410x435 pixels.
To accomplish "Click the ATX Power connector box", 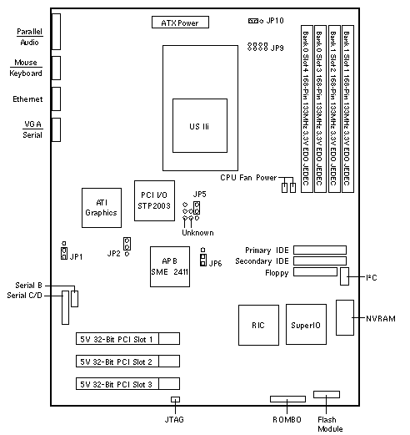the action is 180,23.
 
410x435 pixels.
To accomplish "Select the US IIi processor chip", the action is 200,125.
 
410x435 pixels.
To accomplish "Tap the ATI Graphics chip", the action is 102,208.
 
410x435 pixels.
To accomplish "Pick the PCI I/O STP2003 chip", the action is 154,201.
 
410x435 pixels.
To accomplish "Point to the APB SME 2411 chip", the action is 170,266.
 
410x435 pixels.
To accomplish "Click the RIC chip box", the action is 258,325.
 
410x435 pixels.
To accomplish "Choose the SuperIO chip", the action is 306,325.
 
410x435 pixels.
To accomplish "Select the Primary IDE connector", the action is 320,250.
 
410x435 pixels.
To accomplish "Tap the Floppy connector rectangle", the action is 315,272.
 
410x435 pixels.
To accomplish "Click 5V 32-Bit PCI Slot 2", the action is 127,362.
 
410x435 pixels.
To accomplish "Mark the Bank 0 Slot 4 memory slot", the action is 307,109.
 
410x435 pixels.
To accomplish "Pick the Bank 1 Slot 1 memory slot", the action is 347,109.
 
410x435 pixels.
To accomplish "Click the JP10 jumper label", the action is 275,21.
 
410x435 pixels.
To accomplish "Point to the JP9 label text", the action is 277,48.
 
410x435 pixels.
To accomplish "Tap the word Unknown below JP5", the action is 197,233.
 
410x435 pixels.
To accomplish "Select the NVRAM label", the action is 381,318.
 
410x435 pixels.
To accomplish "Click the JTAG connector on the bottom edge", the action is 175,400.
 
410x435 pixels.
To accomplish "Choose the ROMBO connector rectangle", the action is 287,399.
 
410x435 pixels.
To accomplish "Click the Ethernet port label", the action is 27,99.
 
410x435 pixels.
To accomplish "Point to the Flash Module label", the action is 330,424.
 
